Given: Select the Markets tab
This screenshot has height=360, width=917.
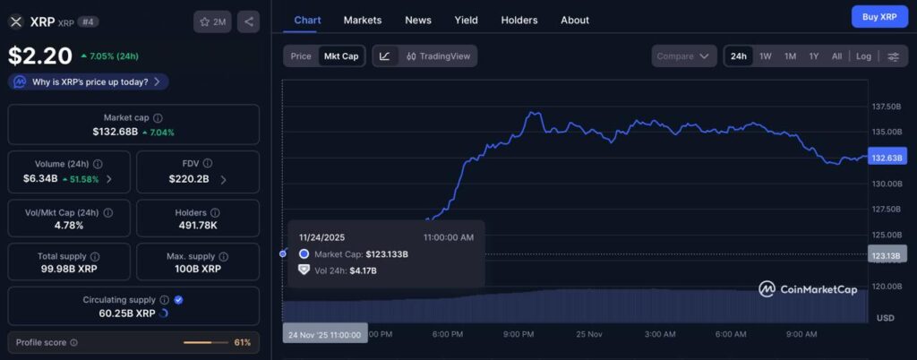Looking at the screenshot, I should [x=362, y=20].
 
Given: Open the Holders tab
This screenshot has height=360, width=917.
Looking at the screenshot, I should [x=519, y=20].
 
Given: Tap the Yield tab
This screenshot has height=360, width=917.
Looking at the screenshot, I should [x=466, y=20].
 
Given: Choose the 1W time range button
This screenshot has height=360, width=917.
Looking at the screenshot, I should [x=766, y=56].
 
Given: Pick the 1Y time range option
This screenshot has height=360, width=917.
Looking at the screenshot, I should [x=813, y=56].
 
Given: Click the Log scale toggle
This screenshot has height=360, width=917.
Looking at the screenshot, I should [x=863, y=56].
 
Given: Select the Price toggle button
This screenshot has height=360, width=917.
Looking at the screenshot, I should [x=301, y=56].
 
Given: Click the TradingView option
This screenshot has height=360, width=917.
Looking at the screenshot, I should [x=438, y=56].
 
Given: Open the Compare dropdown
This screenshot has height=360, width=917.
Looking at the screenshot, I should [x=684, y=56].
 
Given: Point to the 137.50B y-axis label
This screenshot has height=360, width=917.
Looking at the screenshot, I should [x=886, y=107].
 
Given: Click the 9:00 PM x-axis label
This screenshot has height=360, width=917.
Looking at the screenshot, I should [x=518, y=334].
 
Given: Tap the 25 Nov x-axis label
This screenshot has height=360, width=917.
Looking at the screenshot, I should [x=590, y=334].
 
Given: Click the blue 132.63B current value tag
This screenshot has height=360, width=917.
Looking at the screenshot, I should [x=887, y=158].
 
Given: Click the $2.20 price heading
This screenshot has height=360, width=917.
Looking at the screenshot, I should [x=40, y=56].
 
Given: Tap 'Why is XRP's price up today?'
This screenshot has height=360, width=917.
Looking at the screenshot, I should [x=89, y=81].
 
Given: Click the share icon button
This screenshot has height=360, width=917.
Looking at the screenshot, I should [x=249, y=21].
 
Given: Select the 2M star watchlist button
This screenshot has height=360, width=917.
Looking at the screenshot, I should [x=212, y=21].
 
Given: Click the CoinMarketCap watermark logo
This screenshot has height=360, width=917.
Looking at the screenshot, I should [x=807, y=288].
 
